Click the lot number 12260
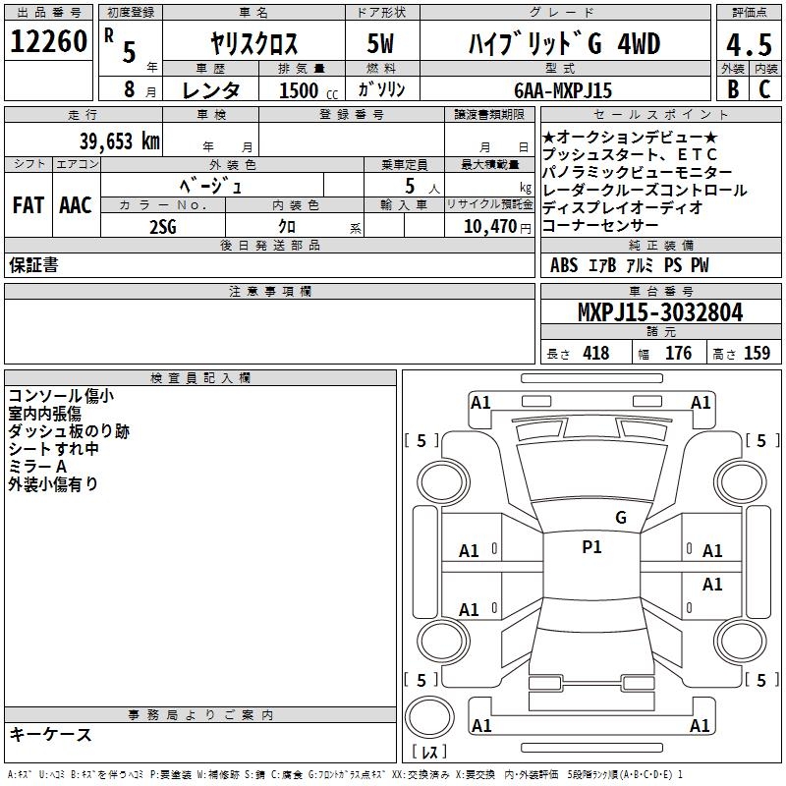(48, 41)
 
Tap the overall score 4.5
(749, 44)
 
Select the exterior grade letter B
(733, 89)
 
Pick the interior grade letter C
(764, 89)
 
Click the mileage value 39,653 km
(119, 141)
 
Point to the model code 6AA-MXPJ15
(563, 90)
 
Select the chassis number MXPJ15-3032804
(660, 312)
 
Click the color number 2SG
(163, 227)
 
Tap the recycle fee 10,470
(490, 227)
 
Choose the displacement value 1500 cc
(309, 90)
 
